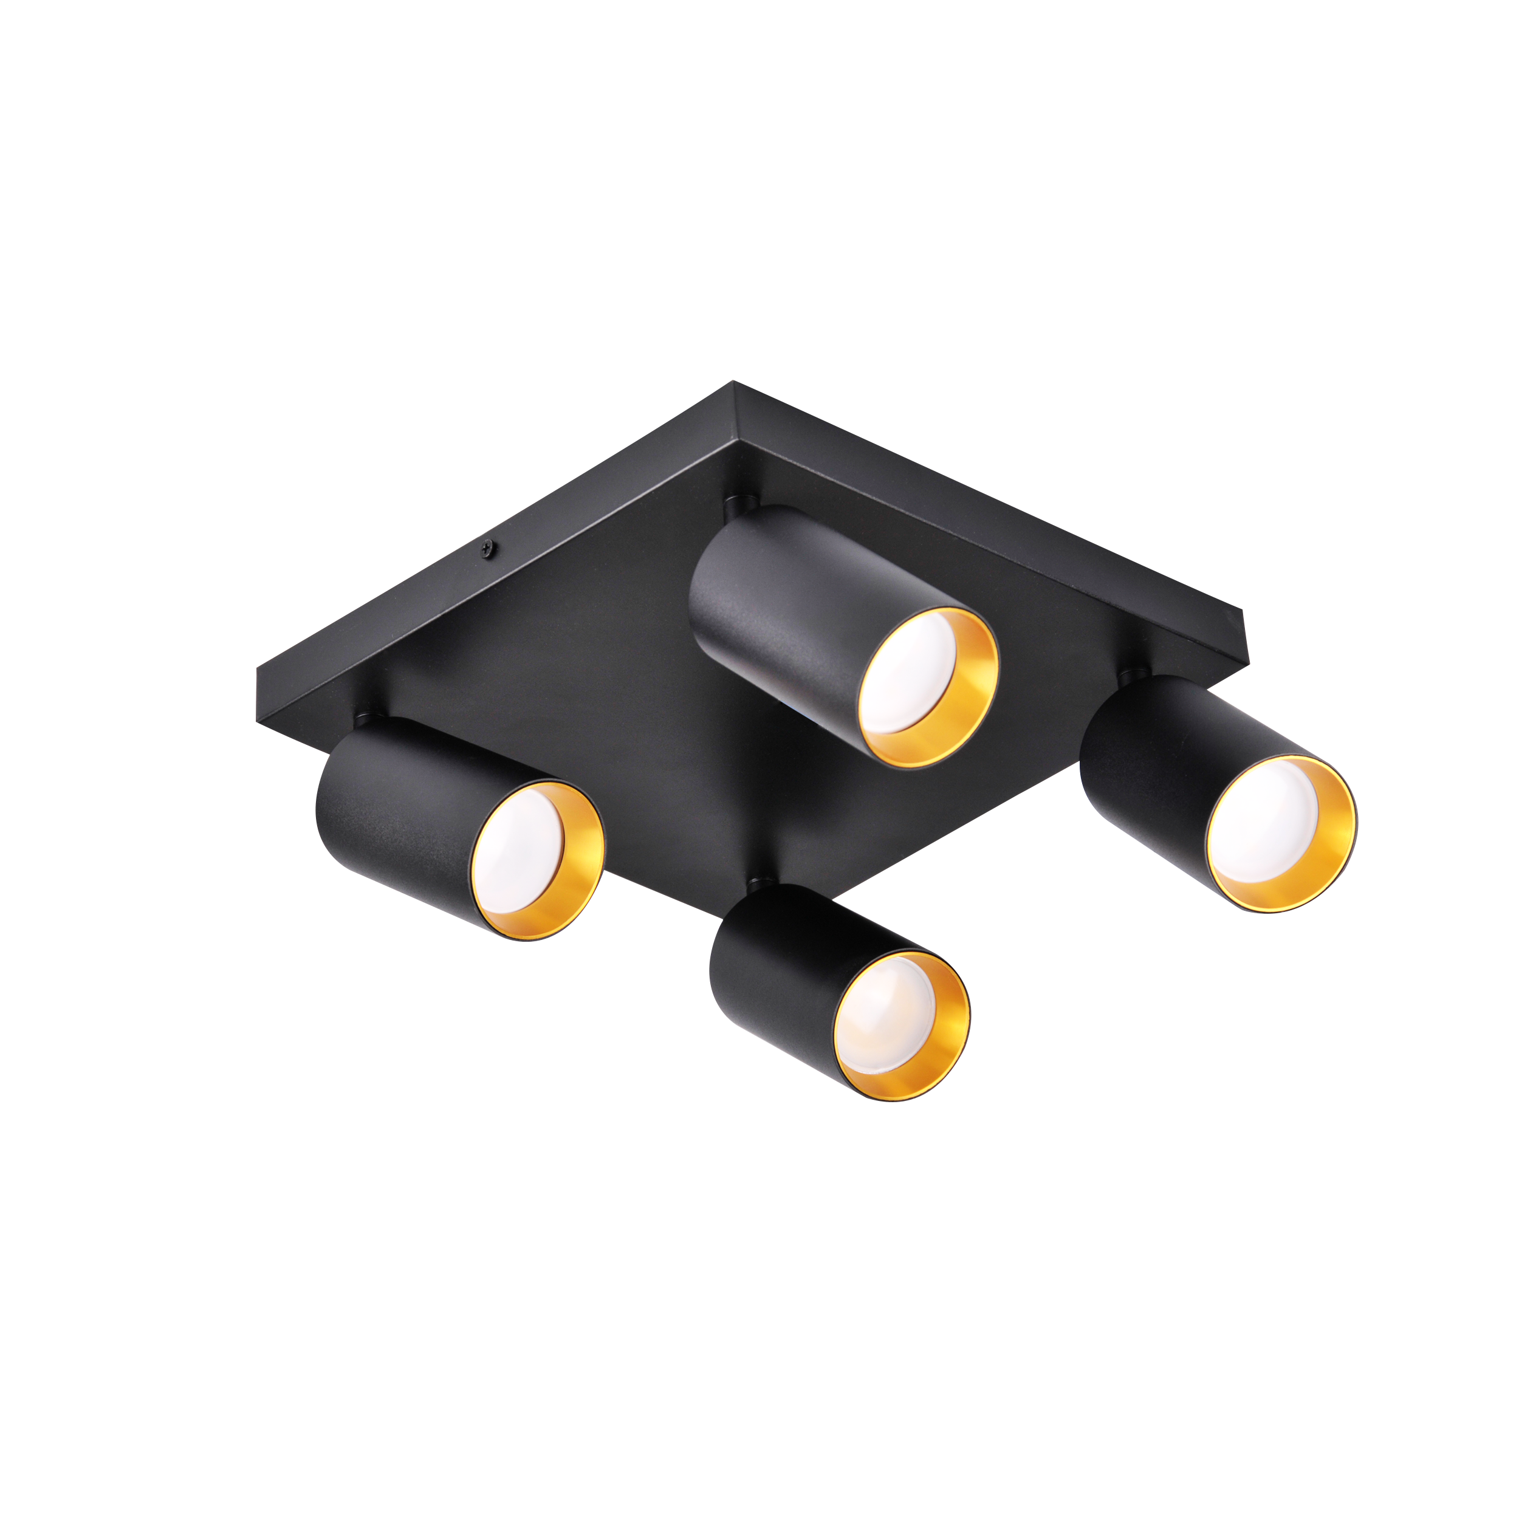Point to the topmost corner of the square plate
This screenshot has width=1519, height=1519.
pyautogui.click(x=735, y=383)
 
